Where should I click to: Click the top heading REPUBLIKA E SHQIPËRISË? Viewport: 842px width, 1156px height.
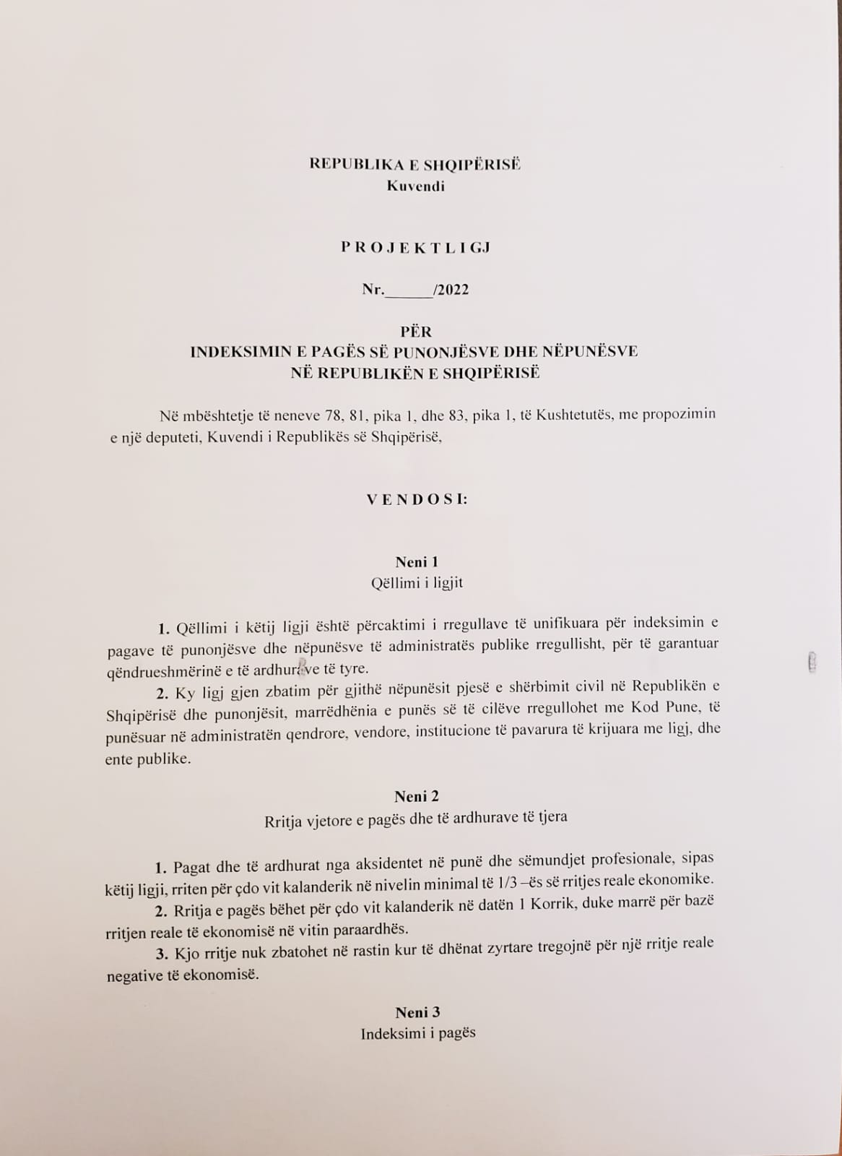click(415, 164)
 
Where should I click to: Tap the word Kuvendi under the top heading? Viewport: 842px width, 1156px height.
click(415, 186)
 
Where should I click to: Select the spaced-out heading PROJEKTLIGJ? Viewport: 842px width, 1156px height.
click(415, 247)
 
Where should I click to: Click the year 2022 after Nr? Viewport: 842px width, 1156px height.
click(453, 290)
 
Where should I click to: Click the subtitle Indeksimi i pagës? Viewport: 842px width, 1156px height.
click(418, 1033)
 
